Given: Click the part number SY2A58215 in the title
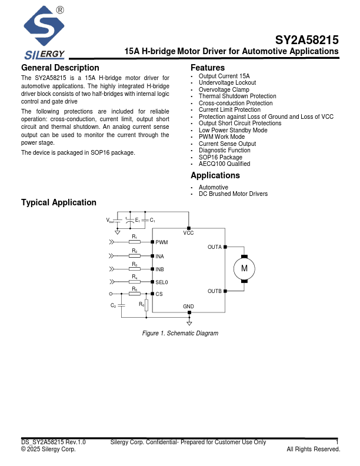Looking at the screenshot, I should pos(306,41).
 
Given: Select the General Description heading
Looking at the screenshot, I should pos(60,68).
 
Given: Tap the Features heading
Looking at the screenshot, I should pos(208,68).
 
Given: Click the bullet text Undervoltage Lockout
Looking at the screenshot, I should pos(227,83).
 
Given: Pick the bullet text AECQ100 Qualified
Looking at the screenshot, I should pos(224,164).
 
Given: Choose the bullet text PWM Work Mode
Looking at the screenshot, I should pos(222,137).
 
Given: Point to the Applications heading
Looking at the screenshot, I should pos(215,175).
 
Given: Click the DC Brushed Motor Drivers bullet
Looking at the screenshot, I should pos(233,194).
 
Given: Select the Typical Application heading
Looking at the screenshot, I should pos(59,202).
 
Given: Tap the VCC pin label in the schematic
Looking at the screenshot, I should pos(188,233).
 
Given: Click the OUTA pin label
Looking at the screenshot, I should pos(215,247).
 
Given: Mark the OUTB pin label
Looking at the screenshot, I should pos(215,291).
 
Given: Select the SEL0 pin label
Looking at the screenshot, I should pos(162,282).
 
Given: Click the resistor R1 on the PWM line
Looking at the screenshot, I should pos(135,242).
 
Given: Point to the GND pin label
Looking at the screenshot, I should pos(188,307).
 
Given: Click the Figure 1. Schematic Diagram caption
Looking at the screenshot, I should pos(180,334).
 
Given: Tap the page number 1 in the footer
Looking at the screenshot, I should pos(337,442).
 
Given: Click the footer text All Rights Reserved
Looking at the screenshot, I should pos(313,450).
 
